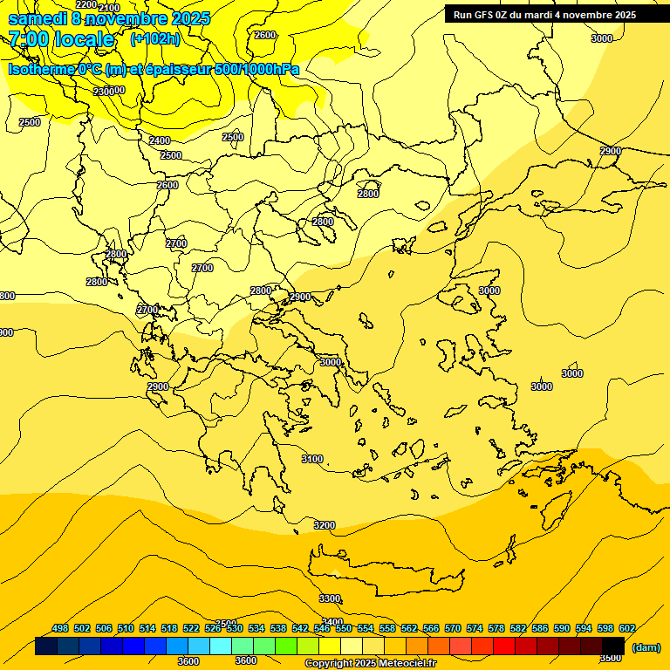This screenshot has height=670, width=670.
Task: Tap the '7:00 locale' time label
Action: [x=61, y=39]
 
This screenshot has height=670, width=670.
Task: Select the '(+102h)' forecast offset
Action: [x=155, y=38]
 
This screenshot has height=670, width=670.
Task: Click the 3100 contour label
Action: [x=311, y=459]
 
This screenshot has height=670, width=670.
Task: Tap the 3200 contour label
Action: [x=324, y=525]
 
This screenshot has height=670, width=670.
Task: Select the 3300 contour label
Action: [x=330, y=598]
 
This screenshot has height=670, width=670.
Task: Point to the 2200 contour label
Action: [x=86, y=4]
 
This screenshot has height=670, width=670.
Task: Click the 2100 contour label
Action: [x=109, y=8]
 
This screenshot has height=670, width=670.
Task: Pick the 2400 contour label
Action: [x=160, y=140]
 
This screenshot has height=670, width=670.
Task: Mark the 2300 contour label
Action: [x=104, y=91]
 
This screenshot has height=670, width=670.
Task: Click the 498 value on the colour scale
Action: [x=60, y=628]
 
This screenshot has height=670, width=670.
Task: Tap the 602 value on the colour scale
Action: [x=627, y=628]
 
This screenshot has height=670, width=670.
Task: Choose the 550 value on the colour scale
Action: [x=344, y=628]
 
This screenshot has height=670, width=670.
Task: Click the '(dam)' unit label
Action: [x=646, y=646]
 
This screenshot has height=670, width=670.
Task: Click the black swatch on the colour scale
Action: [x=613, y=646]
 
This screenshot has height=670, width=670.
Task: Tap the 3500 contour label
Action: [x=611, y=657]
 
